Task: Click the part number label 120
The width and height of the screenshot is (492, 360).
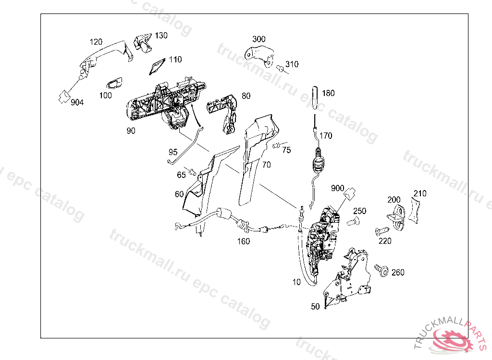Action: (96, 42)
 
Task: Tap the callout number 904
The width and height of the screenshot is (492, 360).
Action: (77, 102)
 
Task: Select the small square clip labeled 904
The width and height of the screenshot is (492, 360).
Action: (62, 96)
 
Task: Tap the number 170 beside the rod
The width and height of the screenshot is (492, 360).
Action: (326, 136)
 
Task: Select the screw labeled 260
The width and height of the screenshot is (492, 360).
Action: (383, 271)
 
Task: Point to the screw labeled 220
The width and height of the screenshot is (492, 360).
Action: (381, 231)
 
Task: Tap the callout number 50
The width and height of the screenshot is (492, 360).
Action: (315, 306)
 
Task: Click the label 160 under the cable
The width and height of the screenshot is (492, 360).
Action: (244, 241)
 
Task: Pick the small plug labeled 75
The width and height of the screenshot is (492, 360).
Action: (277, 146)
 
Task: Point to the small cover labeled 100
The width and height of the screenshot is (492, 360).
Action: (115, 84)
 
